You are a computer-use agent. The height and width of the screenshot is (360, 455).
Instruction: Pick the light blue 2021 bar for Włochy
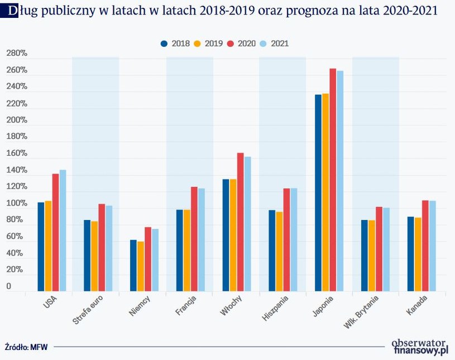[247, 224]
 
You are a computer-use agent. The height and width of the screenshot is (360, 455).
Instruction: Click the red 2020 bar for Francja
[194, 239]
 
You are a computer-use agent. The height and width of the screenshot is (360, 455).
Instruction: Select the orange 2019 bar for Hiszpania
[279, 251]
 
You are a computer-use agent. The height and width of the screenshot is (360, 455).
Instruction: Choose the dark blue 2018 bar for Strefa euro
[87, 255]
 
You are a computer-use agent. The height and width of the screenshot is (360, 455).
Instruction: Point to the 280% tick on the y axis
[17, 54]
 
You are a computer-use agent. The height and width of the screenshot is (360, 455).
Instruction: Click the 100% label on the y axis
[17, 204]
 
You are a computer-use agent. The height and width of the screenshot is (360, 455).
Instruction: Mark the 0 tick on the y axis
[9, 286]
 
